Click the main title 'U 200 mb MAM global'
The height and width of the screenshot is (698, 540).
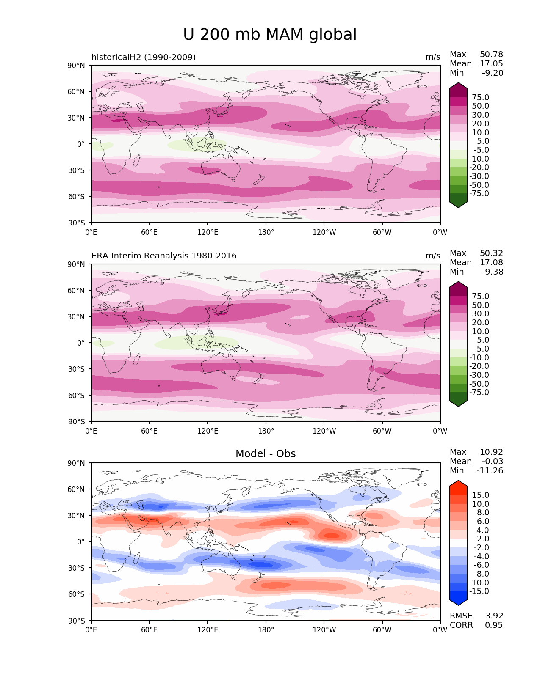pyautogui.click(x=270, y=35)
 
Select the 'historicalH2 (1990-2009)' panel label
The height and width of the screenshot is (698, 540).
pyautogui.click(x=144, y=57)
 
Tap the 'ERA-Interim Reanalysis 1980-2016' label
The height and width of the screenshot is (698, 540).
pyautogui.click(x=164, y=256)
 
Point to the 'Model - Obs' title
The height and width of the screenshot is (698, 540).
pyautogui.click(x=266, y=454)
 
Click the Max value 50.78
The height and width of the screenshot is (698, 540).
pyautogui.click(x=491, y=55)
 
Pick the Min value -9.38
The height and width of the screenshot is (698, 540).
pyautogui.click(x=493, y=272)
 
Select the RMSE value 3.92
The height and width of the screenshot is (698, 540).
pyautogui.click(x=494, y=616)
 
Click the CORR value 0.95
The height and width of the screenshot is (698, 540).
pyautogui.click(x=494, y=625)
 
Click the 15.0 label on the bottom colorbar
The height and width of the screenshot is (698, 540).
pyautogui.click(x=480, y=495)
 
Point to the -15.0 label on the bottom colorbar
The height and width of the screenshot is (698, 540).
pyautogui.click(x=479, y=591)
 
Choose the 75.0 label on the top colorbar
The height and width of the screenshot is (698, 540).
pyautogui.click(x=480, y=98)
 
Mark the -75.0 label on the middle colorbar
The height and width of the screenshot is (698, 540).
pyautogui.click(x=479, y=393)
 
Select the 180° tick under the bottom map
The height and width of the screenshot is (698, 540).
pyautogui.click(x=266, y=630)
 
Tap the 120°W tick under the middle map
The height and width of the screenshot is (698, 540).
pyautogui.click(x=324, y=431)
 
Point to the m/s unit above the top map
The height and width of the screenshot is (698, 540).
pyautogui.click(x=433, y=57)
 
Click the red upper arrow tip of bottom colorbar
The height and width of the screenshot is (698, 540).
pyautogui.click(x=458, y=485)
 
